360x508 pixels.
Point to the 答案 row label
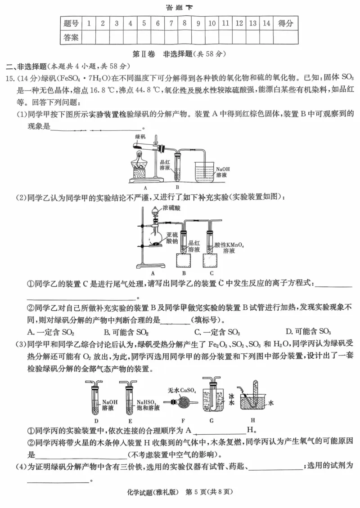(x=71, y=37)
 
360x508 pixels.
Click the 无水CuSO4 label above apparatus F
(x=182, y=390)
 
